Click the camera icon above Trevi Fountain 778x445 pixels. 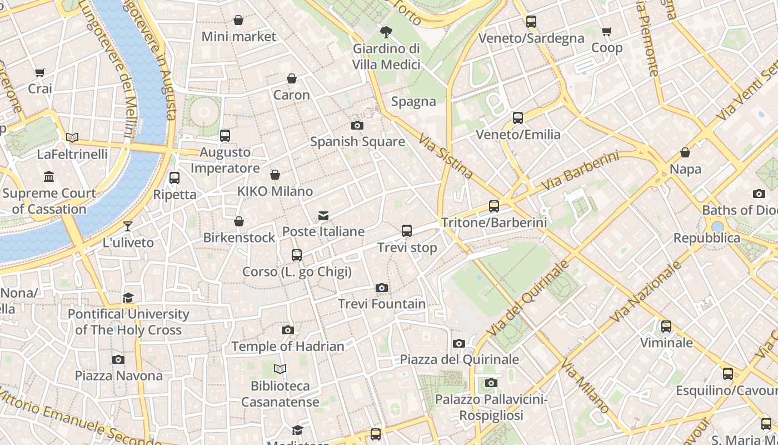click(x=381, y=288)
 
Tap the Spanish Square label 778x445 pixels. click(x=357, y=141)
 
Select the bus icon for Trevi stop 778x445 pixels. click(x=407, y=230)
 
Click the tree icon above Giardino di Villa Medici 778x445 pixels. click(x=386, y=32)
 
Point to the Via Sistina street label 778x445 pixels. click(x=446, y=156)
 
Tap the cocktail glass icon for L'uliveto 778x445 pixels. click(x=128, y=226)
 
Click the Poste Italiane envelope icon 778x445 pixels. click(x=323, y=215)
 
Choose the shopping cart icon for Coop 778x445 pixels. click(x=607, y=32)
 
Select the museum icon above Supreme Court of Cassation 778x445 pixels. click(x=49, y=177)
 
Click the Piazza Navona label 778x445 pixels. click(x=119, y=375)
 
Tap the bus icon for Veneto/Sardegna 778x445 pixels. click(x=531, y=22)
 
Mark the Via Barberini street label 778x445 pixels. click(x=581, y=170)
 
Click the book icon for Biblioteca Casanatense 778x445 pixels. click(x=280, y=369)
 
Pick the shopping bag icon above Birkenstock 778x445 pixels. click(x=239, y=221)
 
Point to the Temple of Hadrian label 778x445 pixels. click(x=288, y=346)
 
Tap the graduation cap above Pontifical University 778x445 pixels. click(x=128, y=298)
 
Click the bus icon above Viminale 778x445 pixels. click(x=666, y=327)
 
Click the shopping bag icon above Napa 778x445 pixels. click(x=685, y=152)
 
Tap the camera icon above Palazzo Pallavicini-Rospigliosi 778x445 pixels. click(x=491, y=383)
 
